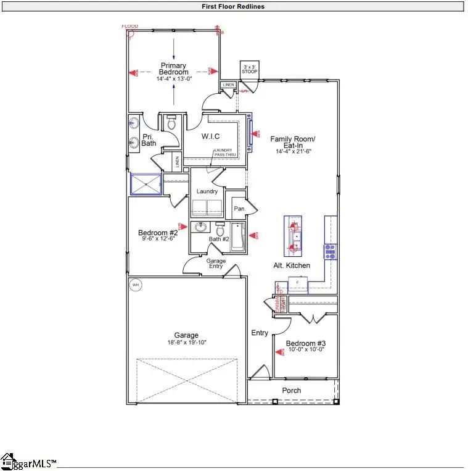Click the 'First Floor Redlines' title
click(x=234, y=7)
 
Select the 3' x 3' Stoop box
click(x=249, y=69)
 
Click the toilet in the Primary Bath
click(x=171, y=123)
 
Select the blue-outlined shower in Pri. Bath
click(x=146, y=184)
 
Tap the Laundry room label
click(x=207, y=191)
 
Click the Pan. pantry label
click(x=239, y=209)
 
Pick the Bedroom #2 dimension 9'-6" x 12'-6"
click(x=158, y=240)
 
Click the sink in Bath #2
click(x=200, y=227)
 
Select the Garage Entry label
click(x=216, y=264)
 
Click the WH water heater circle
click(x=135, y=285)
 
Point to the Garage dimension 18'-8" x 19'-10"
click(x=186, y=342)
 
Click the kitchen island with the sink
click(x=294, y=235)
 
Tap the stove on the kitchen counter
click(x=330, y=251)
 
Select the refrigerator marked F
click(x=297, y=285)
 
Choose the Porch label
click(x=292, y=390)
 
